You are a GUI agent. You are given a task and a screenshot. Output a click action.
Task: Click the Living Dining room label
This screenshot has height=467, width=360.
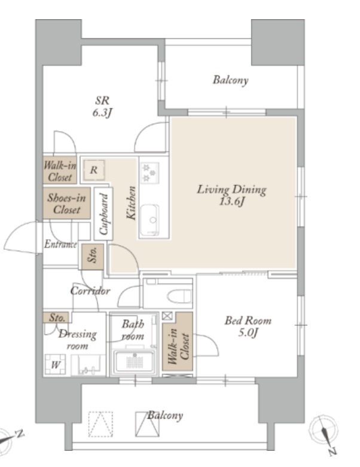coord(231,190)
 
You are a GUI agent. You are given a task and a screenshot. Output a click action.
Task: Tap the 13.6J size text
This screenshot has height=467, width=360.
coord(232,202)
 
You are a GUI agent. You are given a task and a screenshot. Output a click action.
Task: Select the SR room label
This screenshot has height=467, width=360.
coord(102,100)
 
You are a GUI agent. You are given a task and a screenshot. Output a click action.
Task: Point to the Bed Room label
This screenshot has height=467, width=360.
coord(248,321)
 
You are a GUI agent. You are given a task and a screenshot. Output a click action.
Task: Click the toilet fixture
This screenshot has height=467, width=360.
coord(179,296)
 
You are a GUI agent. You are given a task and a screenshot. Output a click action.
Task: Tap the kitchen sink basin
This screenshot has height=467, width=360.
coord(150,220)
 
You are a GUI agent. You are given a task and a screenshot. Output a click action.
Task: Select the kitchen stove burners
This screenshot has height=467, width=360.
coord(150,172)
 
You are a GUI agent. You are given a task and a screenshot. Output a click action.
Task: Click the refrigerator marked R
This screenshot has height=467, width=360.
coord(94,170)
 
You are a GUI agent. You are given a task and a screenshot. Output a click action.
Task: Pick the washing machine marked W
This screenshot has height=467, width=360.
coord(56,364)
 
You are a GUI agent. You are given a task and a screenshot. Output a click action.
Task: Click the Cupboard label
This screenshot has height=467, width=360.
coord(103,213)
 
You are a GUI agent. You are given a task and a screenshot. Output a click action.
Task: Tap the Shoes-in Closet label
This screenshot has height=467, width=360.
coord(66,203)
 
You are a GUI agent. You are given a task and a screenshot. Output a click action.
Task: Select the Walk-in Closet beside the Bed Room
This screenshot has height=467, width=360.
coord(178,345)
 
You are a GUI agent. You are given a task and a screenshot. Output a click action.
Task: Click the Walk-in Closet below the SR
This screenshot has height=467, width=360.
coord(60,171)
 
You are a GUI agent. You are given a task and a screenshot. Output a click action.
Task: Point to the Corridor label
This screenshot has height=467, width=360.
coord(90,291)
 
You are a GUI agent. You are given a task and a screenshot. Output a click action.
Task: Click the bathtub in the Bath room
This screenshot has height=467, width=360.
coord(135,362)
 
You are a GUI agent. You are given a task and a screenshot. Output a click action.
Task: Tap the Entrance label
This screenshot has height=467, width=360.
coord(60,245)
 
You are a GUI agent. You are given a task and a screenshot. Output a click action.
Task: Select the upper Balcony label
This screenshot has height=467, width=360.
coord(230,80)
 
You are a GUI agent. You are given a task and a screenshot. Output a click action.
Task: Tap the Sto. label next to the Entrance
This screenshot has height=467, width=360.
coord(93,255)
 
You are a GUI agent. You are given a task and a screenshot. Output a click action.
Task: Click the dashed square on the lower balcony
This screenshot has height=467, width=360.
coord(100,424)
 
